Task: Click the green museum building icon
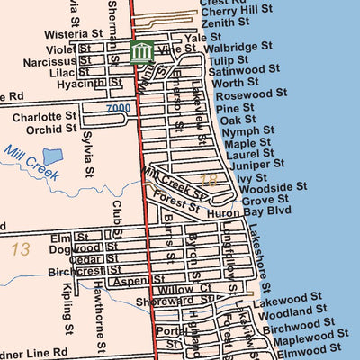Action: coord(141,52)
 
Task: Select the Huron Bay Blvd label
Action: coord(261,211)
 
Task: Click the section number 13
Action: coord(21,249)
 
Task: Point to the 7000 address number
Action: coord(118,109)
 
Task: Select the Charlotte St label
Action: coord(44,117)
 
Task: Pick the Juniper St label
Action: coord(257,164)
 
